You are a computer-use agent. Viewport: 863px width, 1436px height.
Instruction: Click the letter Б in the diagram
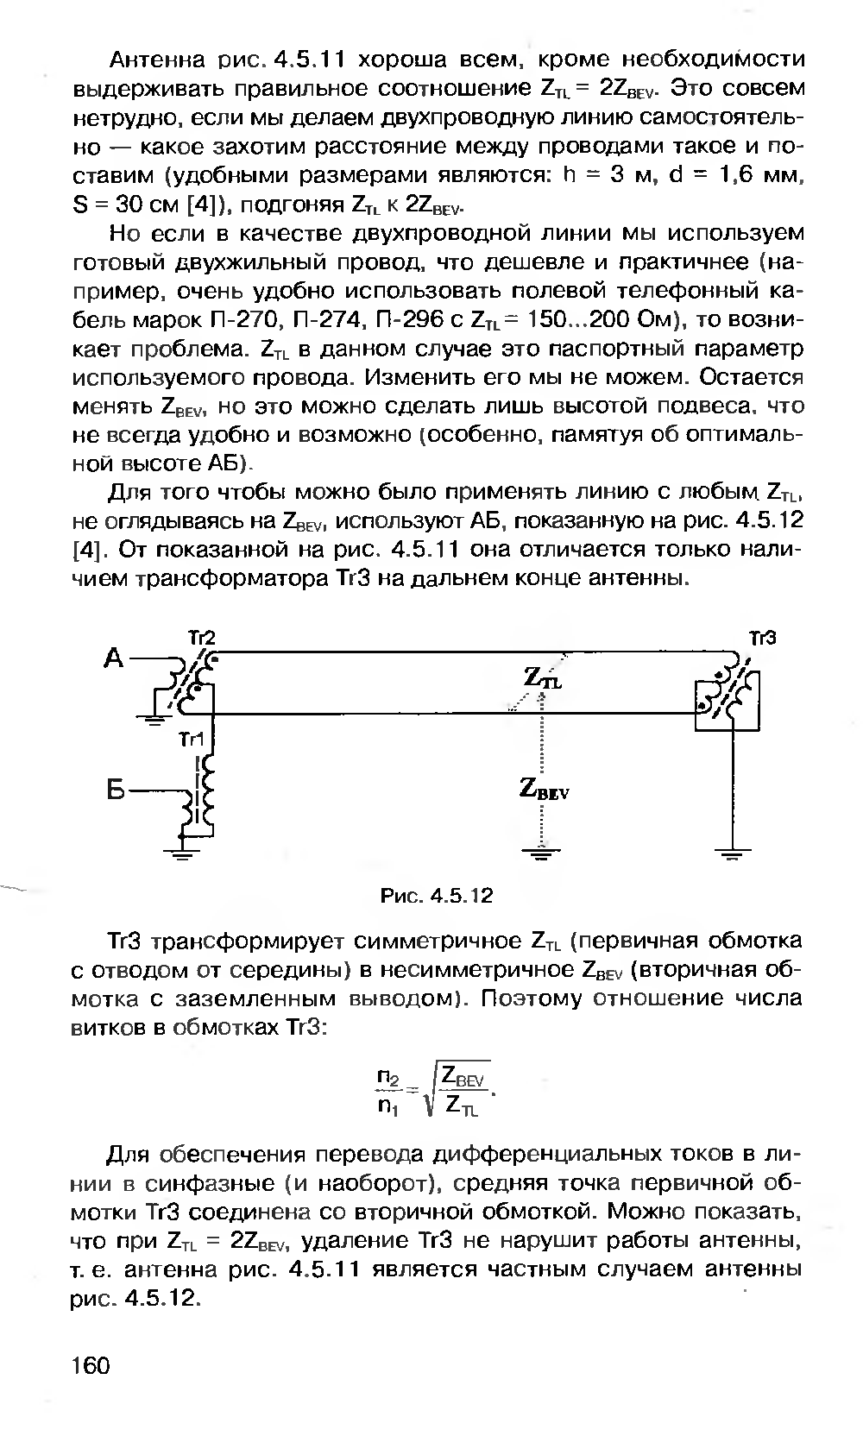(119, 790)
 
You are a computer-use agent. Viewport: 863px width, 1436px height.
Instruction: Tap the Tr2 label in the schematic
(201, 638)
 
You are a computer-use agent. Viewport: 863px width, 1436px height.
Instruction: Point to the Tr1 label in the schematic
(191, 740)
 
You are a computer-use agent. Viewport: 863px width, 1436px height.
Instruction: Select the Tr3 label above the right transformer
(763, 638)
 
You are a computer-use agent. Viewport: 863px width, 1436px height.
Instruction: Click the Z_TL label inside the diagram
(543, 678)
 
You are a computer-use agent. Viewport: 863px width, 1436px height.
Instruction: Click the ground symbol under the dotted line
(540, 855)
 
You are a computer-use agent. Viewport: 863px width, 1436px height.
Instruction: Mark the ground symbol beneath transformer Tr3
(731, 855)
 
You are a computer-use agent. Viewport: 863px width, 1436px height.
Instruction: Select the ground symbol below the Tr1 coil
(180, 855)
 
